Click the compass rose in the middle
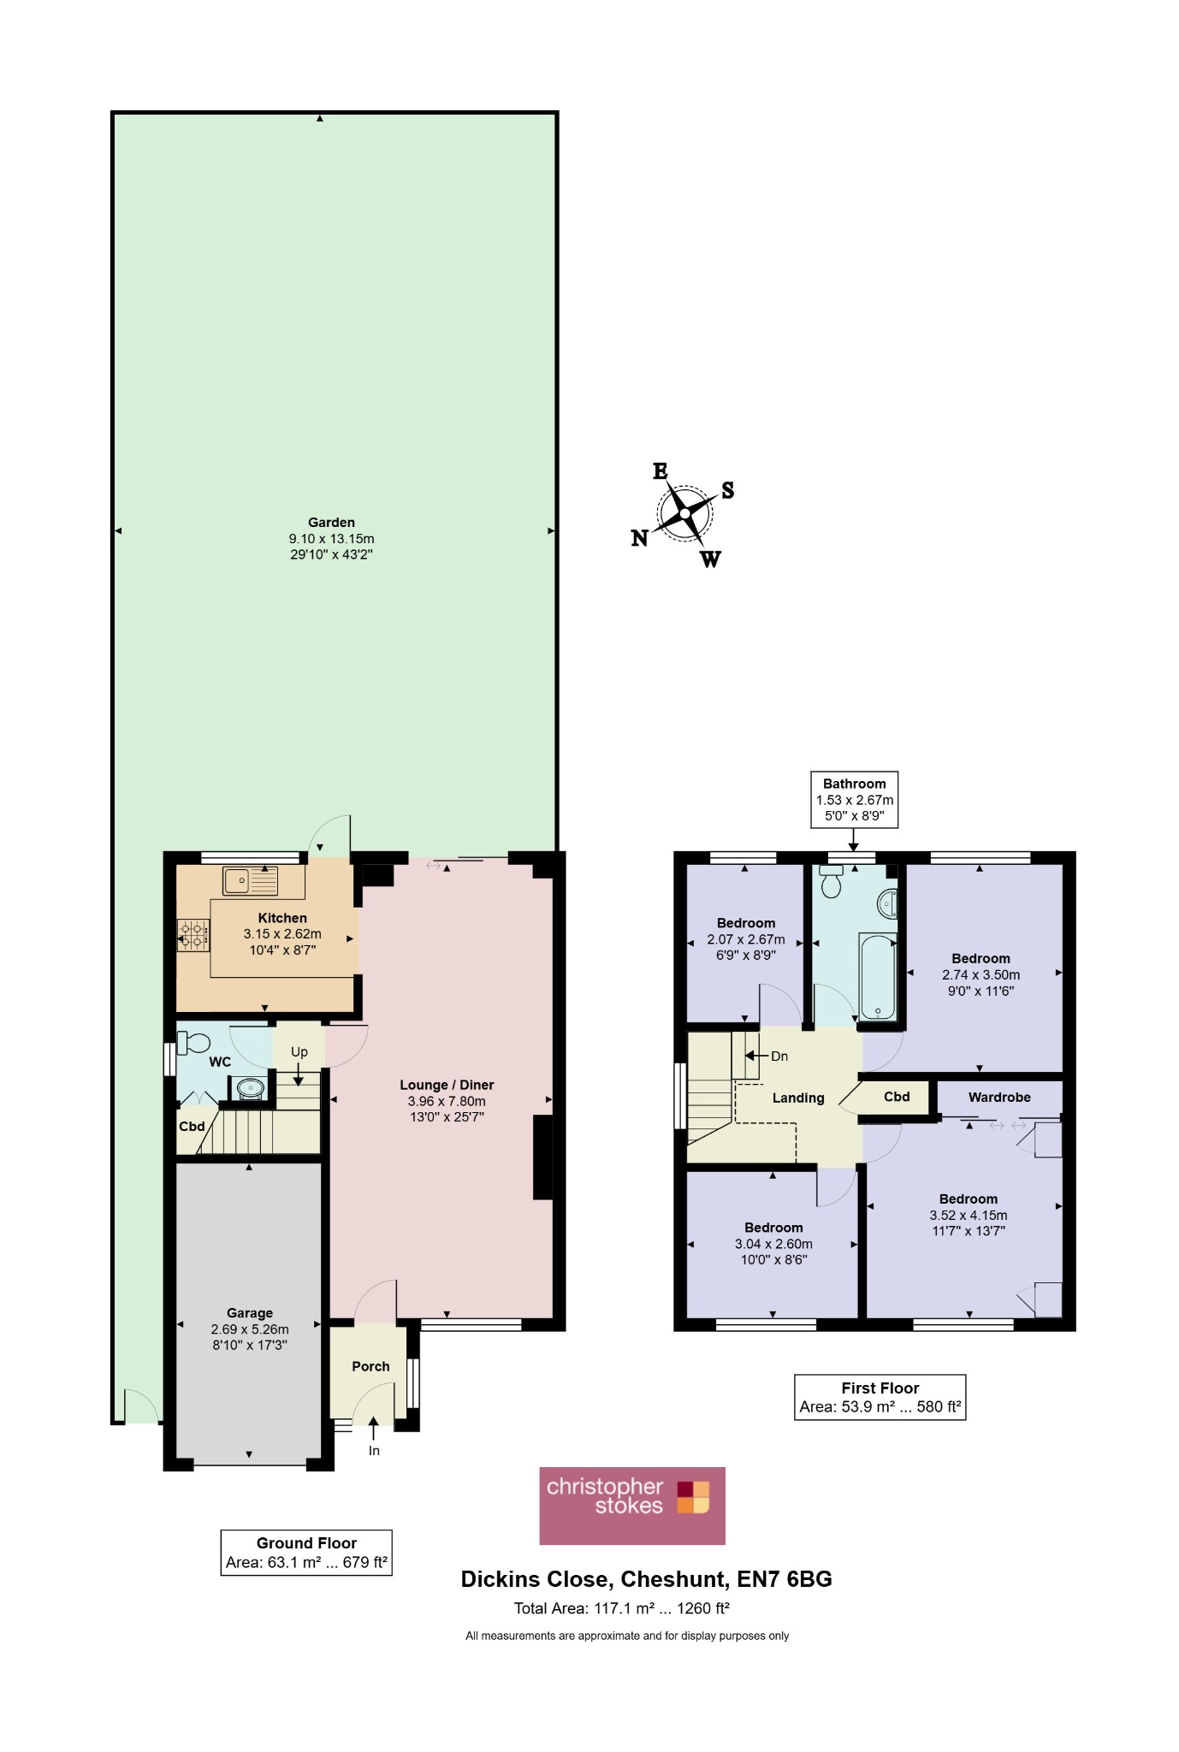click(684, 514)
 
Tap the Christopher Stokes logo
click(632, 1506)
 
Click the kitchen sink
click(250, 881)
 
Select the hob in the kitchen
click(193, 934)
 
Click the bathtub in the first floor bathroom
click(878, 976)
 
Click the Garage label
click(250, 1312)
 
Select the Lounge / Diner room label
click(447, 1085)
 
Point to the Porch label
click(370, 1366)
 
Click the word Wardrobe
click(999, 1097)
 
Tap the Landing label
click(798, 1098)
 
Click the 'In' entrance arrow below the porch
click(373, 1427)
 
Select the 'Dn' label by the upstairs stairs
click(779, 1056)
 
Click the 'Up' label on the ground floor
click(299, 1051)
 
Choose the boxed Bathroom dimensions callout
click(855, 800)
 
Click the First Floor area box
click(880, 1397)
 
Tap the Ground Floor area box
click(306, 1552)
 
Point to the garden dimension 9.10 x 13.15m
click(331, 539)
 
